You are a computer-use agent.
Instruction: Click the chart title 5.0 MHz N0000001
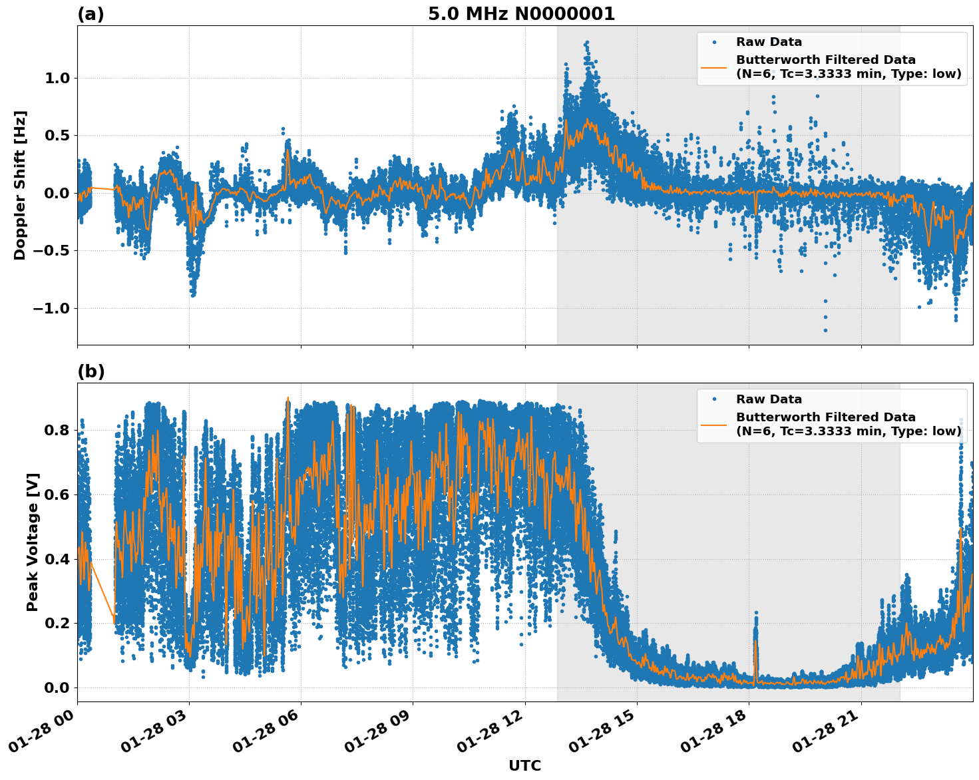tap(521, 14)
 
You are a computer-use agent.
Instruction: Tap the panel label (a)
tap(91, 14)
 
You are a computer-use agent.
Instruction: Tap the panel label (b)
tap(91, 371)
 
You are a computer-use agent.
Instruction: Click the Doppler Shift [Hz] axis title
tap(20, 185)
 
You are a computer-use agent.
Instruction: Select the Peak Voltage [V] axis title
tap(33, 542)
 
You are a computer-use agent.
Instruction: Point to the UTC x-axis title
tap(524, 765)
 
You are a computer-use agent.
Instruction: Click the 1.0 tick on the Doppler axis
tap(56, 78)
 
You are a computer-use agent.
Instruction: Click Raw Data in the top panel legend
tap(769, 42)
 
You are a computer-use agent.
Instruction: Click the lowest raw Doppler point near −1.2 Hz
tap(825, 330)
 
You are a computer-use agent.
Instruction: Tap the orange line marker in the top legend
tap(713, 67)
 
